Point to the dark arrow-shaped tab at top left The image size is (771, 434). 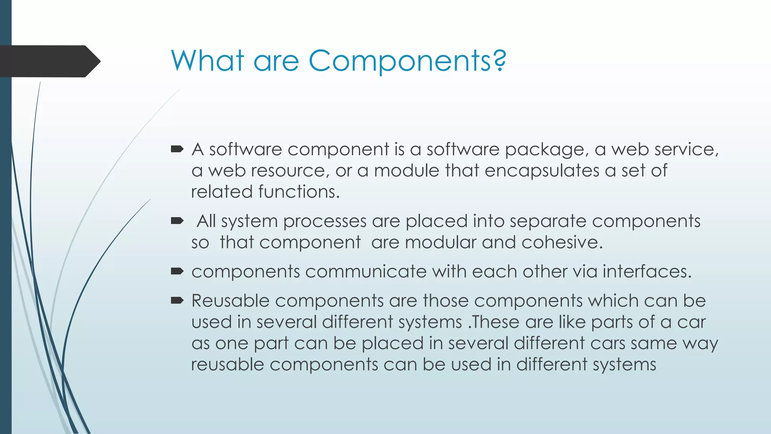click(x=49, y=61)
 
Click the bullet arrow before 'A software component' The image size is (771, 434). click(x=177, y=150)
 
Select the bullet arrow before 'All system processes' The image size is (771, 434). click(x=177, y=221)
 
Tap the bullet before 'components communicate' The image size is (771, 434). click(x=177, y=271)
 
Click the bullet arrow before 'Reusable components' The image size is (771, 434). click(x=177, y=301)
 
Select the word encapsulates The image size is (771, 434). click(x=542, y=171)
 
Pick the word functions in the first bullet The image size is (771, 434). click(x=299, y=192)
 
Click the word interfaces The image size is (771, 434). click(x=647, y=272)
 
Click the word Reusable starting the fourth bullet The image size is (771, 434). click(x=230, y=301)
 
